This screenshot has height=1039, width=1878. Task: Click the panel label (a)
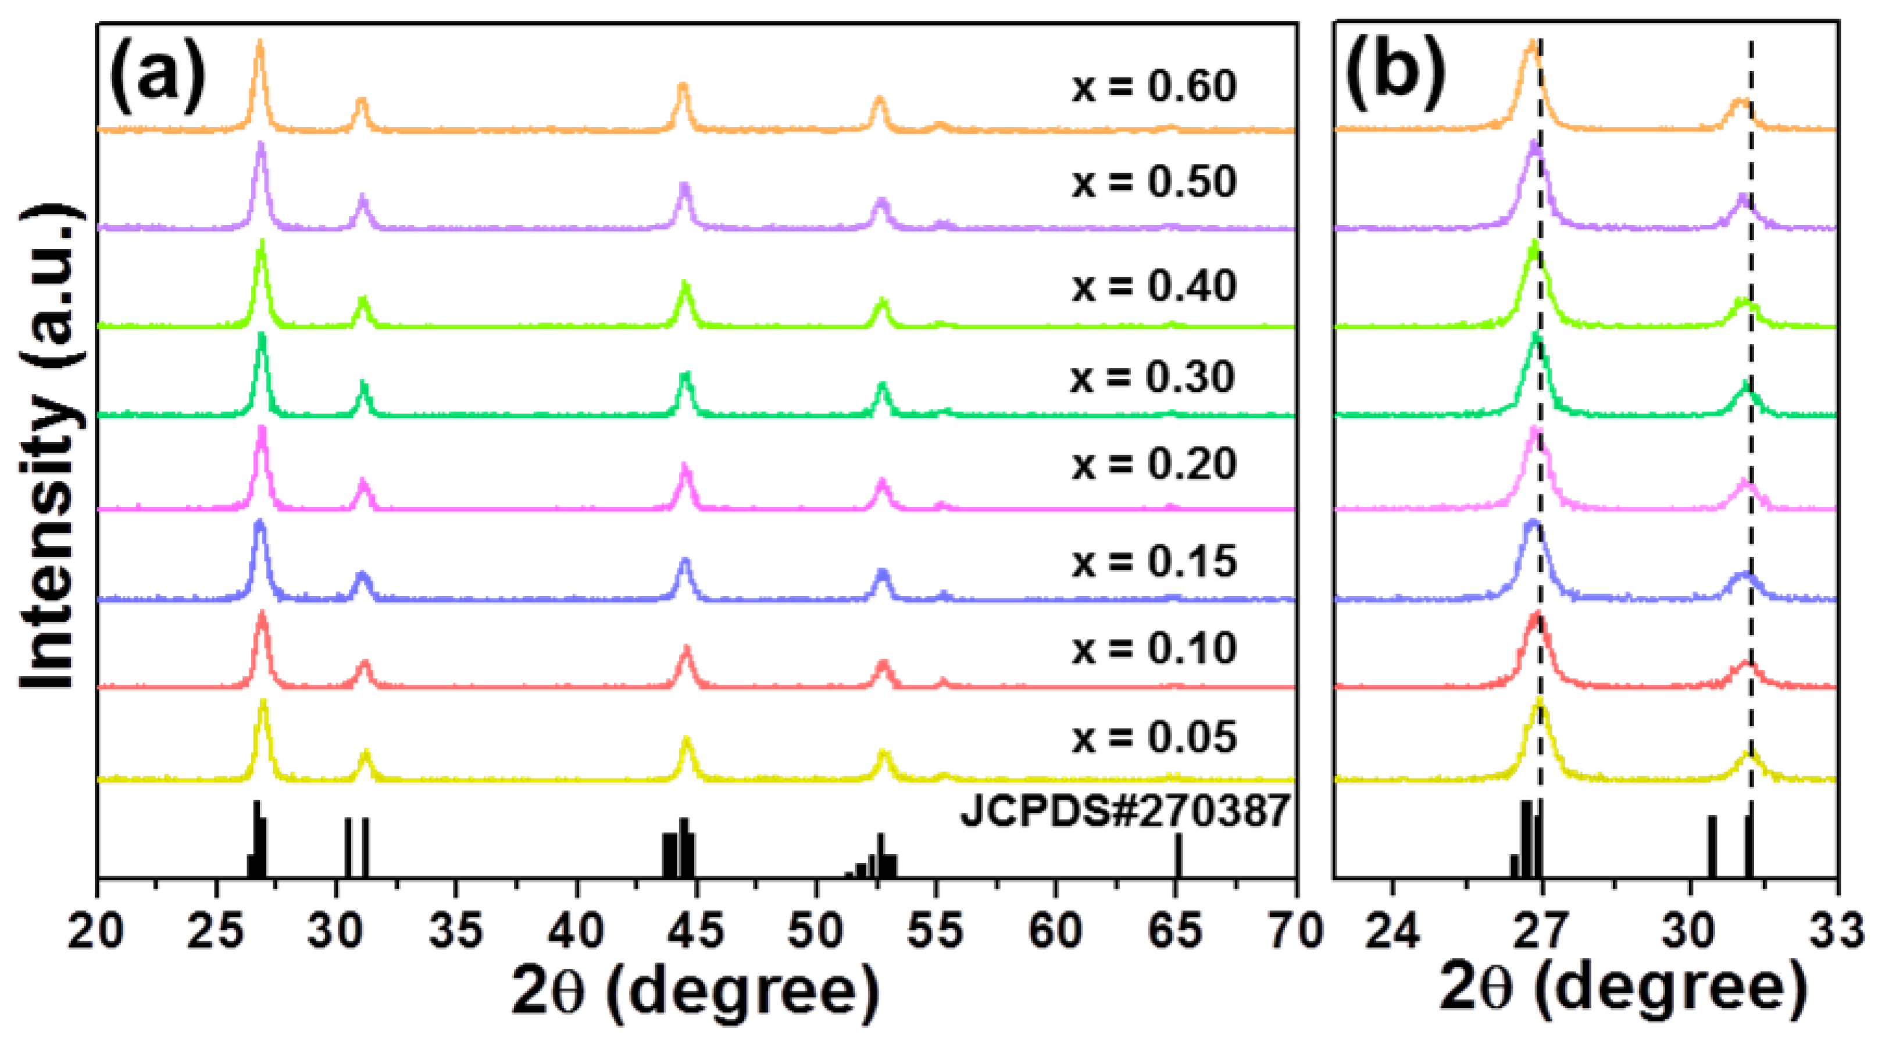157,77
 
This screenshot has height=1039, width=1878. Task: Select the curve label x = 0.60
1154,87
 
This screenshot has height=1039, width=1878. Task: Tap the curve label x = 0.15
1154,562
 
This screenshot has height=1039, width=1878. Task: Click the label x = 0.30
1152,378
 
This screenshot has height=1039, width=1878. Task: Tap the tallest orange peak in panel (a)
259,45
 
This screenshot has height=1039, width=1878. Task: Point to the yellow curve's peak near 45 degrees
686,741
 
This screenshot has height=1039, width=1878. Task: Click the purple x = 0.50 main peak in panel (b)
1534,144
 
